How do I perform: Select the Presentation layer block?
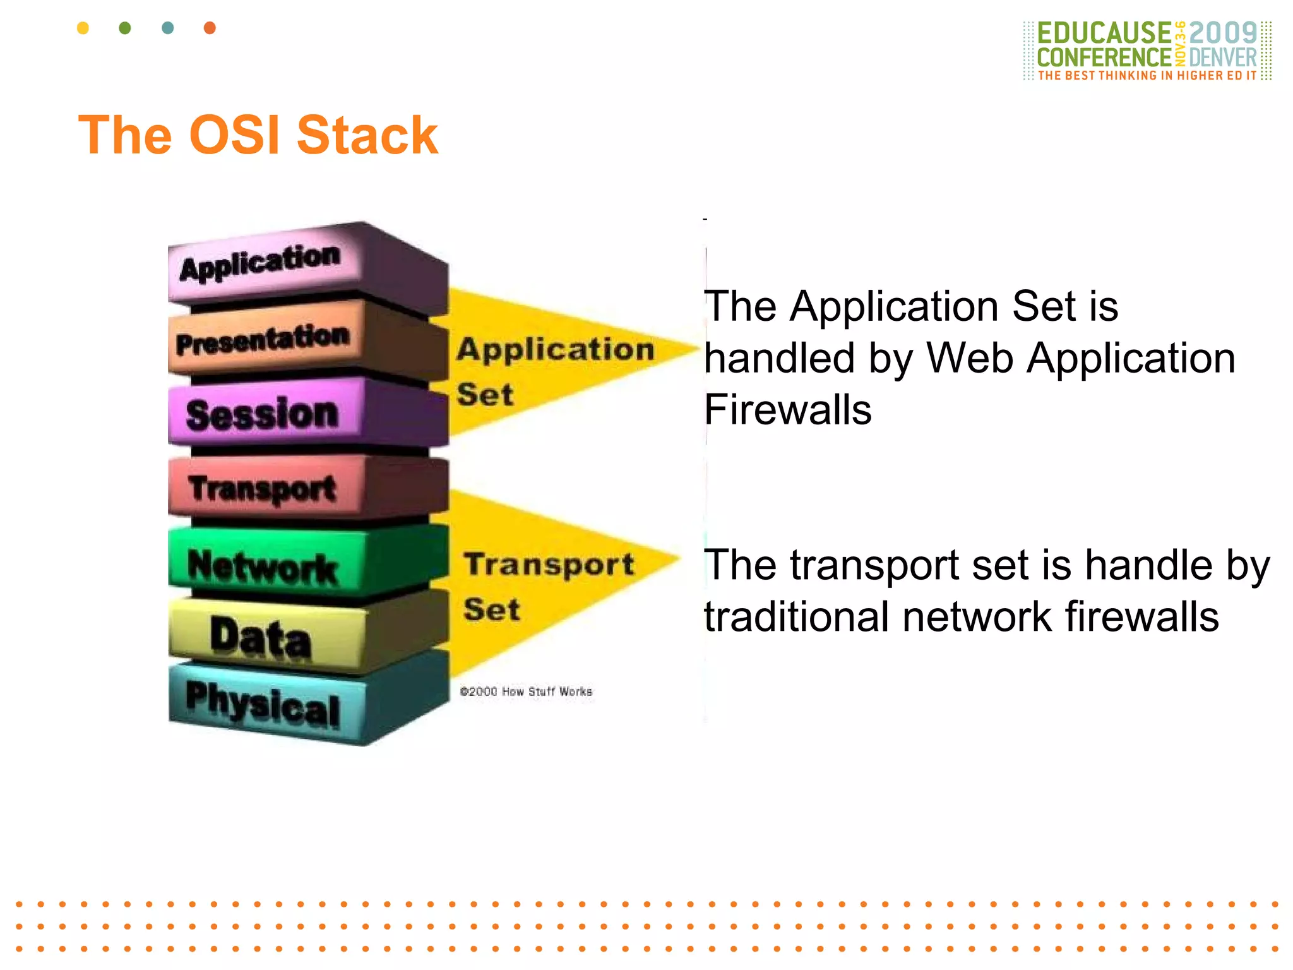click(x=265, y=341)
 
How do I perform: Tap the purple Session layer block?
click(x=265, y=414)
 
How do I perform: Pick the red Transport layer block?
click(x=265, y=489)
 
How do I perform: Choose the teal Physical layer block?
click(x=265, y=704)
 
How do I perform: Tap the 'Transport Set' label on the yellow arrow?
click(x=548, y=586)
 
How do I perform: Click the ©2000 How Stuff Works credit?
click(x=526, y=692)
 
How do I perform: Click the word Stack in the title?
click(x=367, y=135)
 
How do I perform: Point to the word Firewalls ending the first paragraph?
click(x=787, y=410)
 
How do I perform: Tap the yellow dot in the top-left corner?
click(x=83, y=28)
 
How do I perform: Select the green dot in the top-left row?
click(x=125, y=28)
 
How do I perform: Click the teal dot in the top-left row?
click(x=167, y=28)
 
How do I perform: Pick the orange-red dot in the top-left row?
click(x=210, y=28)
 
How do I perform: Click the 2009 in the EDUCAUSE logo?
click(x=1223, y=33)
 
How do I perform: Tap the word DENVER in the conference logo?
click(x=1223, y=57)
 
